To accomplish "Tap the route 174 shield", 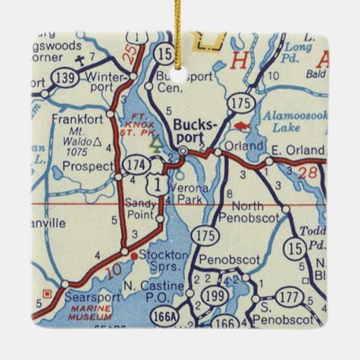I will (134, 164).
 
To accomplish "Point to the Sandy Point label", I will (141, 208).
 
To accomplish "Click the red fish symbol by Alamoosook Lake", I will (240, 126).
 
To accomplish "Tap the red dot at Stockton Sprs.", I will (134, 256).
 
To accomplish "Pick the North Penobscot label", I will (257, 211).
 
